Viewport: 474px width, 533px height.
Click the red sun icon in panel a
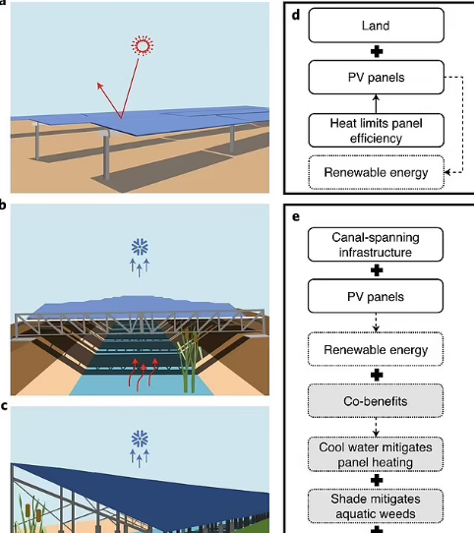143,45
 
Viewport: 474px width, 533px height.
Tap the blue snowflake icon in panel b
140,247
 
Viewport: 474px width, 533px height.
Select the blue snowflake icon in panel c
140,440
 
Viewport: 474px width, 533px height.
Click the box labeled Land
376,26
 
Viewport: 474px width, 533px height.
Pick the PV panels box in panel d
376,78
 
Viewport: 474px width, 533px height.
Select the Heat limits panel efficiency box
376,131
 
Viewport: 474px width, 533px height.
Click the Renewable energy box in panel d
376,172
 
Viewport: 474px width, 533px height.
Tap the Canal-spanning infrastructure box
376,245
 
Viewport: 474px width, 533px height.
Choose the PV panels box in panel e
376,296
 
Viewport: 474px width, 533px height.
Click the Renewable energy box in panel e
376,349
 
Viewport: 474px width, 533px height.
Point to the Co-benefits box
376,401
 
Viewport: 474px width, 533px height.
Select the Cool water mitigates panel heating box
376,454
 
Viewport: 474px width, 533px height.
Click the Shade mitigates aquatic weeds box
376,506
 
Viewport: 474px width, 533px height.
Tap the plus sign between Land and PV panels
377,52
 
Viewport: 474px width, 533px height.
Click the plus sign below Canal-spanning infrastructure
377,270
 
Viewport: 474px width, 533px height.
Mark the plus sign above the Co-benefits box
377,376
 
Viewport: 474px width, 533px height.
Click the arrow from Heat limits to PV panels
376,104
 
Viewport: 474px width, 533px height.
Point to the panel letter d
296,15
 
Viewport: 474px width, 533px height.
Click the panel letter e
296,217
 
